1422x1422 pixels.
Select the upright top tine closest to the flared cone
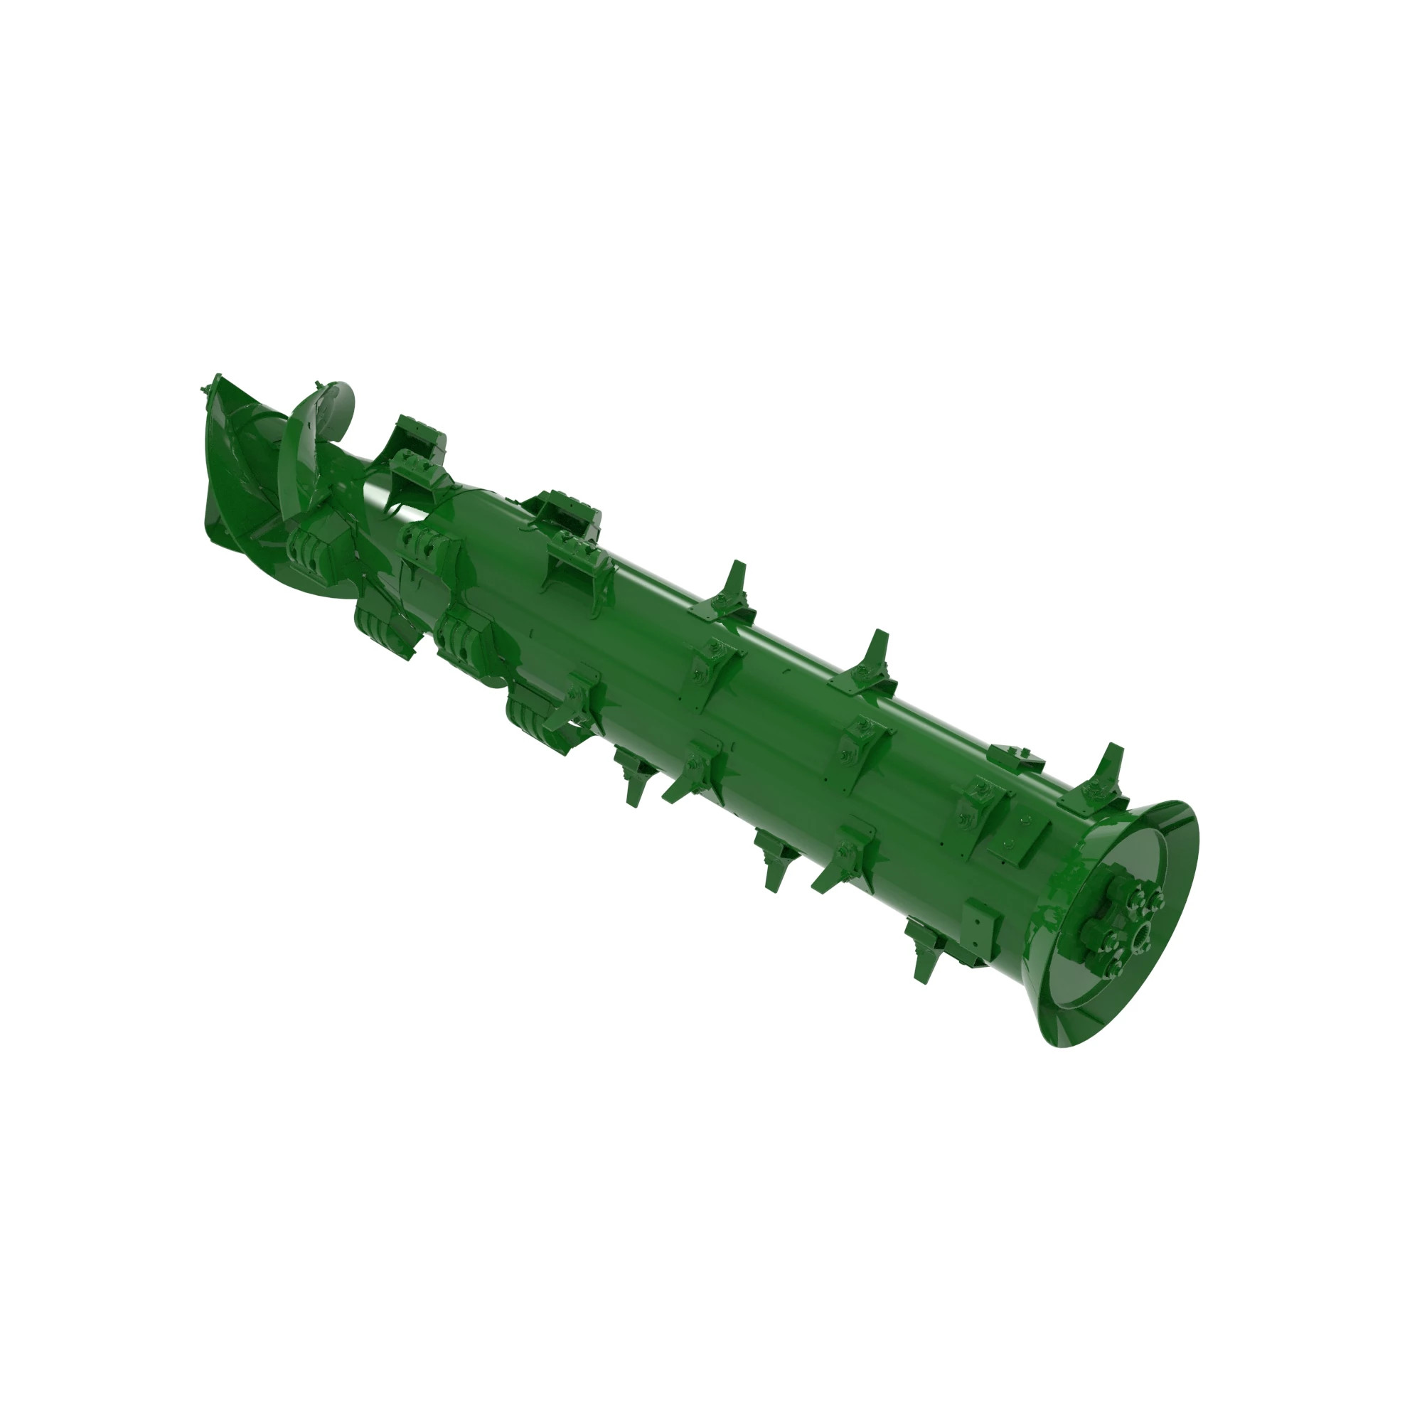(x=1104, y=773)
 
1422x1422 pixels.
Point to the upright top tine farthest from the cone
(x=733, y=585)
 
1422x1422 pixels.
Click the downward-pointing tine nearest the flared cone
(x=924, y=949)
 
